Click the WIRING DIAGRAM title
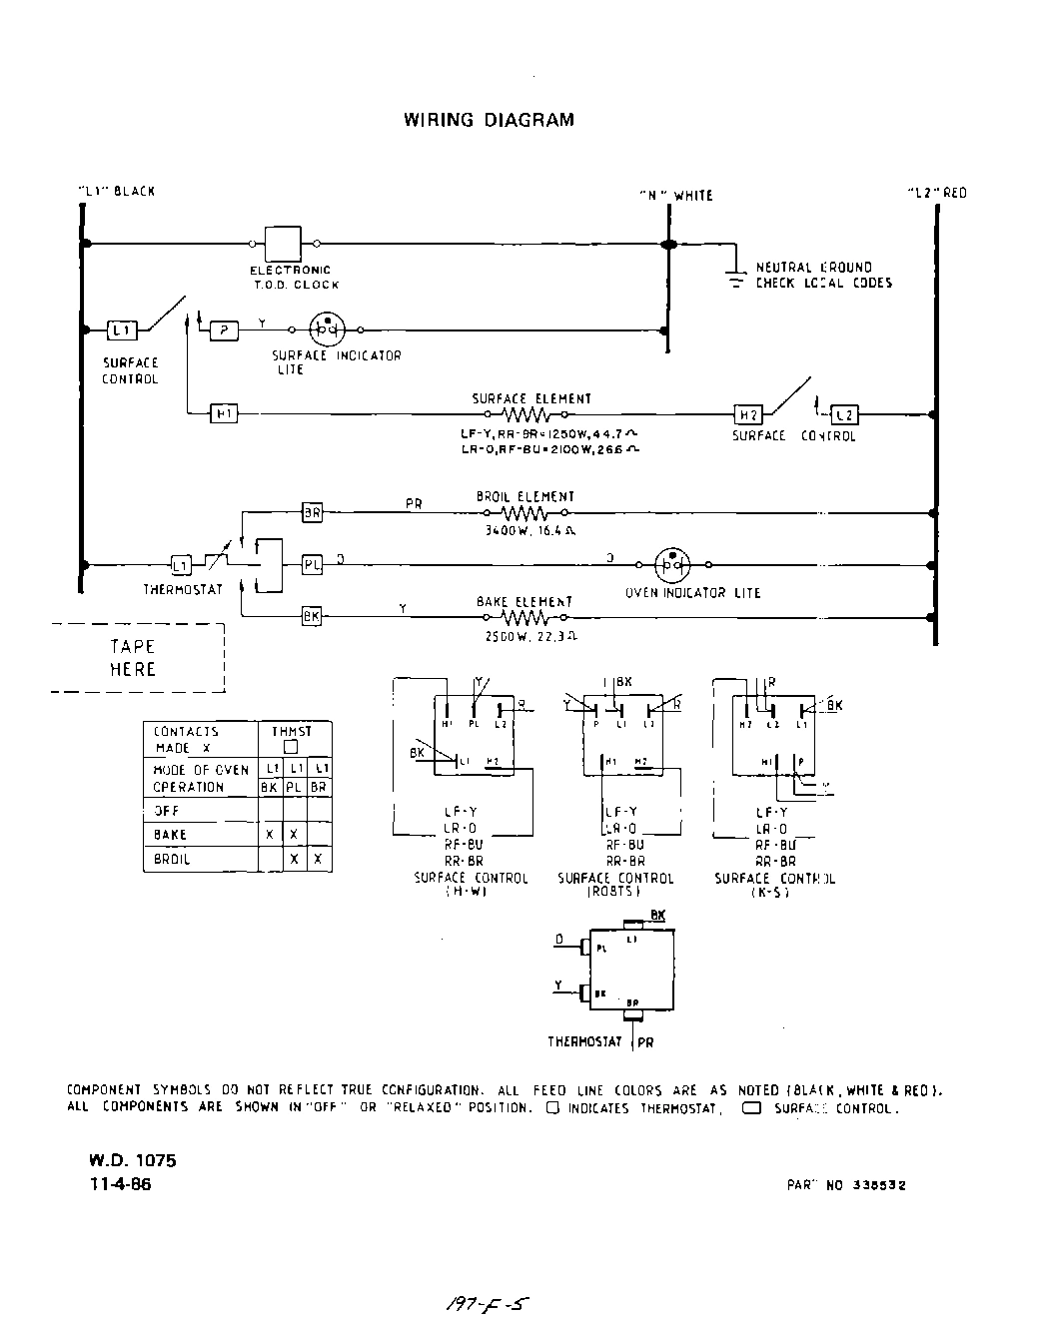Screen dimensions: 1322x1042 pos(489,120)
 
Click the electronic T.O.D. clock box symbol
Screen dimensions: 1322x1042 pos(283,243)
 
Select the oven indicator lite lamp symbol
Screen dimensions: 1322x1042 pos(672,565)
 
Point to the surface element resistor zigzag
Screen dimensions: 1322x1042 pos(525,413)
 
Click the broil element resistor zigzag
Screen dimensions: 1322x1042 pos(524,513)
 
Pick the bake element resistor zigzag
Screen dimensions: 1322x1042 pos(524,617)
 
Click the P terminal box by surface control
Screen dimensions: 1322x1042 pos(224,330)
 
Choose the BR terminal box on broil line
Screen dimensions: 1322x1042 pos(313,513)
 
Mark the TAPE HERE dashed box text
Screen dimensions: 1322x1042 pos(133,658)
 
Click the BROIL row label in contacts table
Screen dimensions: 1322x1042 pos(171,859)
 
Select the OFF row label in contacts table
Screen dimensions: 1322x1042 pos(167,811)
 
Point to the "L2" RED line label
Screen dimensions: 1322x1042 pos(936,193)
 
